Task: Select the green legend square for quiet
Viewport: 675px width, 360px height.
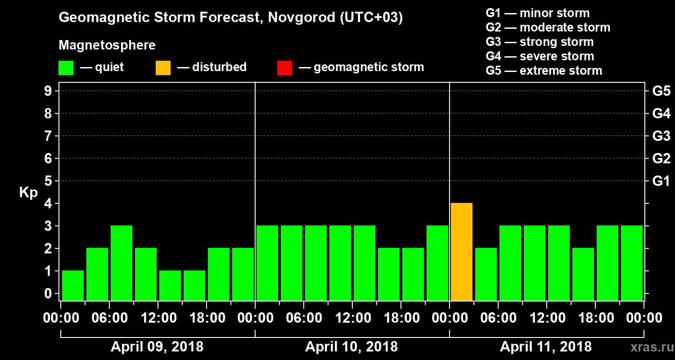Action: (66, 67)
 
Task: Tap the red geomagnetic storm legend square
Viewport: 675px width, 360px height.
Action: (284, 67)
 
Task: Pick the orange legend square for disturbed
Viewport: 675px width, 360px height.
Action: (163, 67)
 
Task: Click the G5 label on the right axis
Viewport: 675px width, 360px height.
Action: (661, 91)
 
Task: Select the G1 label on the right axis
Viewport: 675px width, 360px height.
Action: (661, 181)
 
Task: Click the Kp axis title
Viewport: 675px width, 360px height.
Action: (28, 193)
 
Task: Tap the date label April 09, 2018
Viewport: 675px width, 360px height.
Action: (157, 347)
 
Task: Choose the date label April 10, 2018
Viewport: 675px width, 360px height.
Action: (351, 347)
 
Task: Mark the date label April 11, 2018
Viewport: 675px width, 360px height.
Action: (546, 347)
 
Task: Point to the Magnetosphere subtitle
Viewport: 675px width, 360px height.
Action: (107, 45)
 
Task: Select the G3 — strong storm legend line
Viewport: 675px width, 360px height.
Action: (540, 42)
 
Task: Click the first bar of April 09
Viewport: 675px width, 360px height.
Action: (73, 285)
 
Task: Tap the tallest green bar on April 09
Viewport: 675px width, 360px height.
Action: (121, 263)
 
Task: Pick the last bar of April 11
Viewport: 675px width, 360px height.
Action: (632, 263)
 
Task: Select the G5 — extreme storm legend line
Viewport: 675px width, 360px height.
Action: (544, 71)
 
